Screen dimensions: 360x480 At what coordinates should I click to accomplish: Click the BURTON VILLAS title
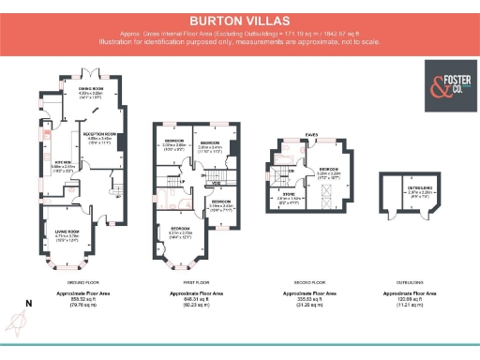click(x=240, y=18)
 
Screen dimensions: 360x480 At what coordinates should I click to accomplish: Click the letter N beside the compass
click(x=28, y=303)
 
